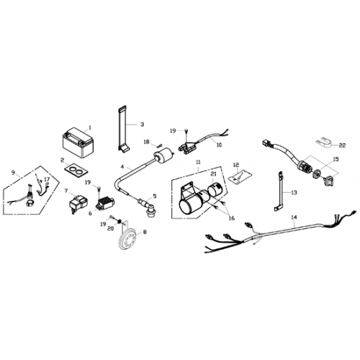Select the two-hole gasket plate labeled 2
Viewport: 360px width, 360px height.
coord(73,171)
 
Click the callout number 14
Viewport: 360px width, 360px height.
coord(293,217)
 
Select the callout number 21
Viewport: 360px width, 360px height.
coord(214,174)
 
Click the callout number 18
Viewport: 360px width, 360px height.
coord(146,142)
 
